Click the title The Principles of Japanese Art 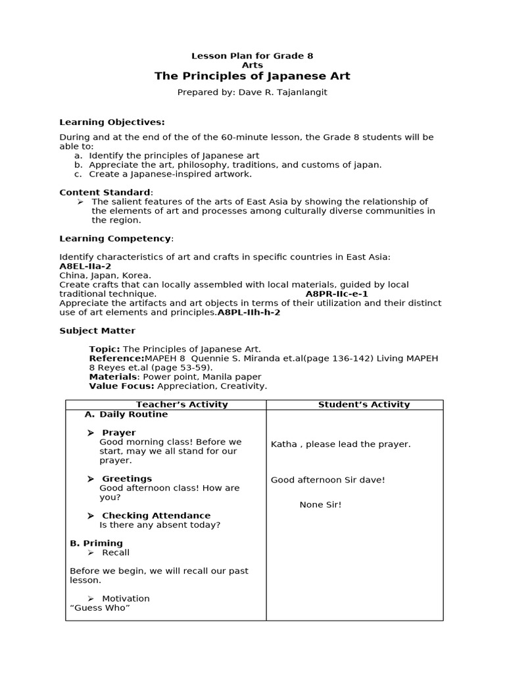pos(252,76)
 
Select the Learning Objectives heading pos(112,122)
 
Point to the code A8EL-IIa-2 pos(85,266)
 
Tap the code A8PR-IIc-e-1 pos(337,294)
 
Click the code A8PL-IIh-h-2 pos(249,312)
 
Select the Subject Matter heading pos(97,330)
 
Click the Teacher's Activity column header pos(181,405)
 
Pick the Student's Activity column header pos(364,405)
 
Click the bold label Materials pos(113,376)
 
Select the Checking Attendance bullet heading pos(156,515)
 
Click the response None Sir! pos(320,505)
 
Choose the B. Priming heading pos(96,543)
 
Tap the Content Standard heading pos(105,192)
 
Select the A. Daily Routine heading pos(126,414)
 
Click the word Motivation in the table pos(126,598)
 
